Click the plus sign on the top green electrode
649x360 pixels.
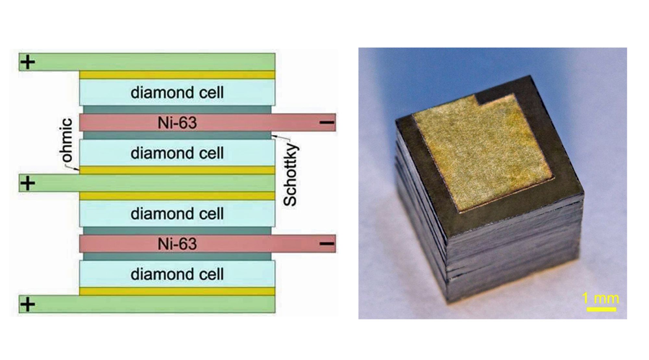(28, 62)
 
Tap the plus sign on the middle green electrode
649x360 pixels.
(28, 183)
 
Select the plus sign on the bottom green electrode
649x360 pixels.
(28, 305)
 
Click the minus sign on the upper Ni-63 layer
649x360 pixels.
(327, 122)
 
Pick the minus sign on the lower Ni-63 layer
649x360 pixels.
(327, 244)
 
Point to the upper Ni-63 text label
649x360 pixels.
(177, 123)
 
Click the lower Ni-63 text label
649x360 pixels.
(177, 244)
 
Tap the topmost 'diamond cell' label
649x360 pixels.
(177, 93)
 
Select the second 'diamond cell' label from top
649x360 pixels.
(177, 153)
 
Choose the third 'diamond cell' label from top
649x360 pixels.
(177, 214)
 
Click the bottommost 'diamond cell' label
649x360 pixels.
(177, 274)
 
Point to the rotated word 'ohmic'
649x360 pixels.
(67, 140)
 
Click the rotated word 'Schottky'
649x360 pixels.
(290, 175)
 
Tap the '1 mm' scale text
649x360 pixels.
(600, 298)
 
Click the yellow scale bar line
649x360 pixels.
(601, 309)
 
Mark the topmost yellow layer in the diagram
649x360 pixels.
(177, 75)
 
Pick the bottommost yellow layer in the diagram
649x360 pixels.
(177, 291)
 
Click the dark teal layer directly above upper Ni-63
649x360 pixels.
(177, 109)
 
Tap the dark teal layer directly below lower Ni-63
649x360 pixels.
(177, 257)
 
